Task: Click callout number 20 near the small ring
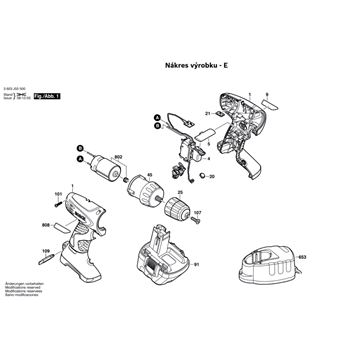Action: (211, 176)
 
